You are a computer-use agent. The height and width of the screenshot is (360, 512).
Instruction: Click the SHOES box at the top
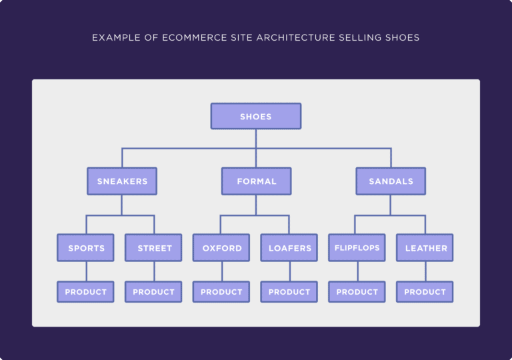pyautogui.click(x=256, y=116)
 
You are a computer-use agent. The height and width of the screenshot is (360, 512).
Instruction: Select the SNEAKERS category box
pyautogui.click(x=122, y=181)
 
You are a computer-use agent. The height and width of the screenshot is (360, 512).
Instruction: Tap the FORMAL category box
pyautogui.click(x=256, y=181)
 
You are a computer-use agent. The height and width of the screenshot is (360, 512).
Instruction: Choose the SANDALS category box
pyautogui.click(x=391, y=181)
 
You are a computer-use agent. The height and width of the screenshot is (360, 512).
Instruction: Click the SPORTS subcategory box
pyautogui.click(x=86, y=248)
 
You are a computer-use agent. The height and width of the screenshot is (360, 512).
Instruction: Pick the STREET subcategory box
pyautogui.click(x=154, y=248)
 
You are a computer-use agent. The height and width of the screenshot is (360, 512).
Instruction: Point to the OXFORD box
pyautogui.click(x=222, y=248)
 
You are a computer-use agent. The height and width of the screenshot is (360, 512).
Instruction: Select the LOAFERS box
pyautogui.click(x=289, y=248)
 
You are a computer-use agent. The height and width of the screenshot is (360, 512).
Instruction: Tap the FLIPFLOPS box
pyautogui.click(x=357, y=248)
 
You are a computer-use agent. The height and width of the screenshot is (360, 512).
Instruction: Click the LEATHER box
pyautogui.click(x=425, y=248)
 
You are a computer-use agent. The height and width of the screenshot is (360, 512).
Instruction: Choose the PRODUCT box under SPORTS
pyautogui.click(x=86, y=292)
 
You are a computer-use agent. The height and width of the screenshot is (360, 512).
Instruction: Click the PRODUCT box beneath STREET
pyautogui.click(x=154, y=292)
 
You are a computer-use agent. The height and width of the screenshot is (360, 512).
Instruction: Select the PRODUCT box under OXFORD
pyautogui.click(x=222, y=292)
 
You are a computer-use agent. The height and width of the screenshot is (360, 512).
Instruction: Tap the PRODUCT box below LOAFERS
pyautogui.click(x=289, y=292)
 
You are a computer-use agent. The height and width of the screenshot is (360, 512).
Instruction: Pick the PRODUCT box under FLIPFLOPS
pyautogui.click(x=357, y=292)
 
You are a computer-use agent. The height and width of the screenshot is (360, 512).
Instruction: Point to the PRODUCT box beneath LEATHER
pyautogui.click(x=425, y=292)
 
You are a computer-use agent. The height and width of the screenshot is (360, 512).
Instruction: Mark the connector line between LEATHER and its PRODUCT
pyautogui.click(x=425, y=271)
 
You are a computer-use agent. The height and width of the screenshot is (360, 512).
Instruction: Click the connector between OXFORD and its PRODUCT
pyautogui.click(x=222, y=271)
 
